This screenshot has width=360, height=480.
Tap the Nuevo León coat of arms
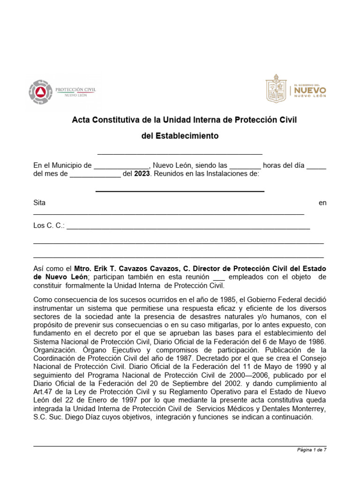pyautogui.click(x=277, y=90)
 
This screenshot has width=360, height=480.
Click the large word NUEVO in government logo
pyautogui.click(x=310, y=89)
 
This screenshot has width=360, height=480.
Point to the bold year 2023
pyautogui.click(x=142, y=174)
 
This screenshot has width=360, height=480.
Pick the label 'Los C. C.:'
pyautogui.click(x=49, y=225)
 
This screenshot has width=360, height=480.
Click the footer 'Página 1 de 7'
pyautogui.click(x=312, y=450)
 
